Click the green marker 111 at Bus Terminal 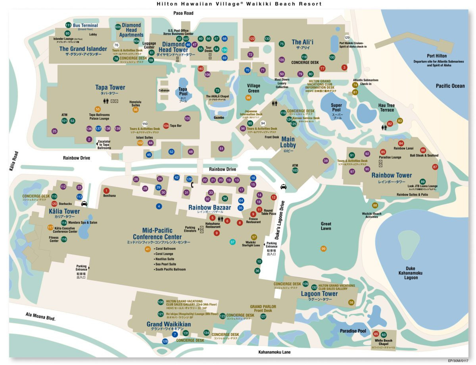pyautogui.click(x=68, y=25)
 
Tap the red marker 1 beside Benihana pyautogui.click(x=106, y=191)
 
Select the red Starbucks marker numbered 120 pyautogui.click(x=54, y=204)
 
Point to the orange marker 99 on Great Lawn pyautogui.click(x=323, y=249)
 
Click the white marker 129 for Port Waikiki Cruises pyautogui.click(x=347, y=38)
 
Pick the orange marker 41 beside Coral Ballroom pyautogui.click(x=148, y=249)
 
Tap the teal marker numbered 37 pyautogui.click(x=233, y=242)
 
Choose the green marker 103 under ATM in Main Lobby pyautogui.click(x=295, y=170)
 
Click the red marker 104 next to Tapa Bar pyautogui.click(x=166, y=126)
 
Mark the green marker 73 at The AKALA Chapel pyautogui.click(x=217, y=91)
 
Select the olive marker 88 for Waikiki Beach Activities pyautogui.click(x=375, y=205)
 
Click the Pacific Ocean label pyautogui.click(x=450, y=86)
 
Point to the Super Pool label pyautogui.click(x=336, y=108)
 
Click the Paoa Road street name pyautogui.click(x=183, y=13)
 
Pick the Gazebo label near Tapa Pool pyautogui.click(x=219, y=118)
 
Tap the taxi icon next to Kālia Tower pyautogui.click(x=84, y=204)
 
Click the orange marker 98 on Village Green pyautogui.click(x=248, y=98)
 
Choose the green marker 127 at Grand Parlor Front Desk pyautogui.click(x=263, y=317)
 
